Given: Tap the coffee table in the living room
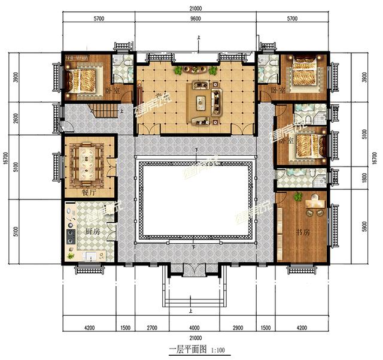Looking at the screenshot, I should (x=200, y=102).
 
